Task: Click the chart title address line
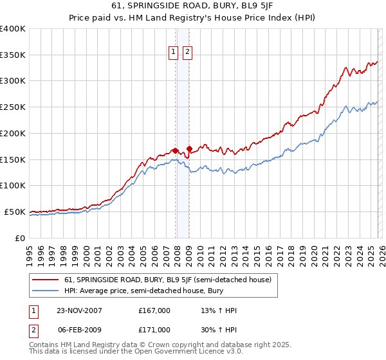192,6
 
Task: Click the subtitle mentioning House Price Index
192,17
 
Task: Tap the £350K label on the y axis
13,55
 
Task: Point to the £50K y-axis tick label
15,212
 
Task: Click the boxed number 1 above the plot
174,53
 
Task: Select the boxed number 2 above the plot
188,53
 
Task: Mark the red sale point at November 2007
175,150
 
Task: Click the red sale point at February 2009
189,148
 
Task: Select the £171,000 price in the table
154,329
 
